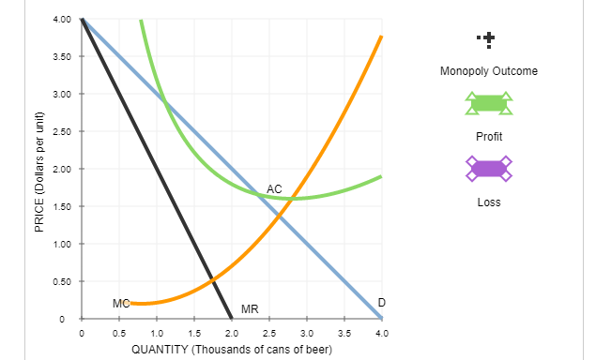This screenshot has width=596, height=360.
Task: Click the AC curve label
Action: [274, 189]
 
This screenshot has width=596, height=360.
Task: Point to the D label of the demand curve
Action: [381, 301]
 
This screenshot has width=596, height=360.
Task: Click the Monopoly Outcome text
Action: [488, 71]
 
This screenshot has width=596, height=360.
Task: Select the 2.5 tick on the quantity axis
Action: [269, 333]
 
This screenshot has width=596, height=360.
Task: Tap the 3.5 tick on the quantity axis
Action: [344, 333]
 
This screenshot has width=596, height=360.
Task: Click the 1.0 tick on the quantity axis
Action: [157, 333]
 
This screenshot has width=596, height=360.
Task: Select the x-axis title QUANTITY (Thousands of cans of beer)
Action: [232, 350]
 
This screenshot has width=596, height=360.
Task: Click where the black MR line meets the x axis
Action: [232, 319]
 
